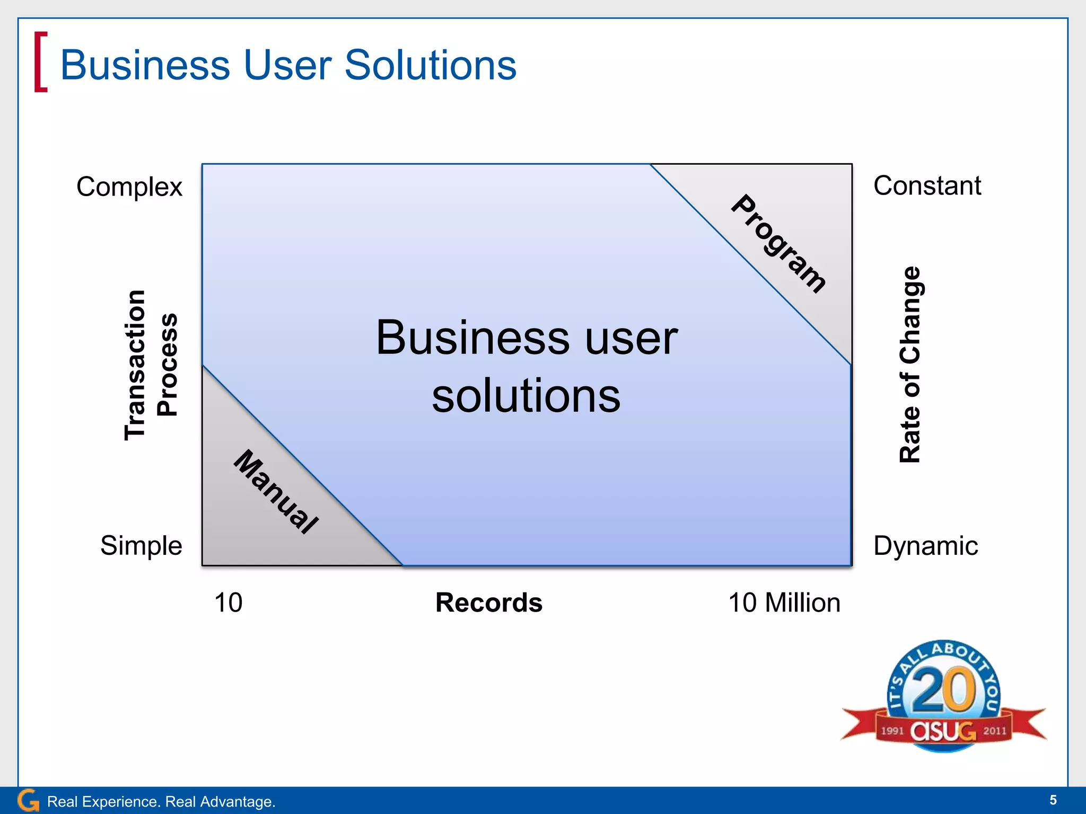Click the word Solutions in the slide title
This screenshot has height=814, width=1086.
[x=430, y=65]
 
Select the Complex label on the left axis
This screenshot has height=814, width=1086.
[x=129, y=187]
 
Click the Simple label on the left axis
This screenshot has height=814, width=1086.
[x=141, y=545]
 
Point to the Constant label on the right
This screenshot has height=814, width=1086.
[x=927, y=185]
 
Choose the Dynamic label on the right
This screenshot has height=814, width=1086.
[x=925, y=545]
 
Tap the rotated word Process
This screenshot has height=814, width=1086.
[x=168, y=365]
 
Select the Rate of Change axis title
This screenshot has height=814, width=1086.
[x=910, y=365]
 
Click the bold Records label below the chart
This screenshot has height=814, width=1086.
[x=488, y=603]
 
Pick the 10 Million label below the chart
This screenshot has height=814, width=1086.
[x=784, y=603]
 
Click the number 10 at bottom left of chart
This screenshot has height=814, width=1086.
[x=228, y=603]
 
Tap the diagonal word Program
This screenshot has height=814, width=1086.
[x=778, y=244]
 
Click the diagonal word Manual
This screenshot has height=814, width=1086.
[x=276, y=491]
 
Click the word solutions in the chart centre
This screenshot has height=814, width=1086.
[x=526, y=396]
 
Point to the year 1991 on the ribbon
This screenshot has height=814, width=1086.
[x=892, y=731]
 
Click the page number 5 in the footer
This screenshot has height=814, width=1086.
[x=1053, y=800]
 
